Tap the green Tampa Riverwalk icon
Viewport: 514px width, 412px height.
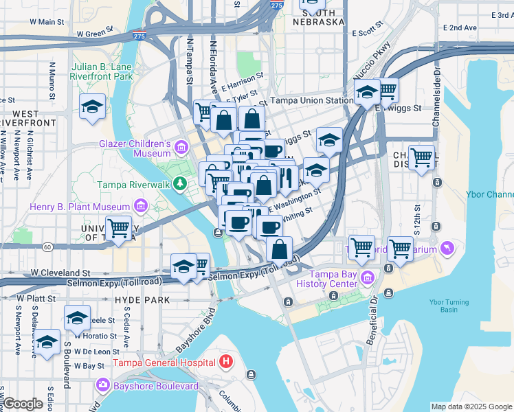(x=179, y=184)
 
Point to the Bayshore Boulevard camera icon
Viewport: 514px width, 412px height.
(x=104, y=385)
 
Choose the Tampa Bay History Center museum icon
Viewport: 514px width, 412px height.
(x=368, y=278)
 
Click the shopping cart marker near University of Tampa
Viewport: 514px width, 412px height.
(x=118, y=228)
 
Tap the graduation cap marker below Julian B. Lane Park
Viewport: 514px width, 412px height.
(x=91, y=107)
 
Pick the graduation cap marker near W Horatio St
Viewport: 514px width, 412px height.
(x=77, y=318)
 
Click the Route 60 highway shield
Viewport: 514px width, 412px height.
(x=47, y=246)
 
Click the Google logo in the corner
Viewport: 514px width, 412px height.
(x=23, y=404)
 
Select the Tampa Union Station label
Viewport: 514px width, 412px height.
(x=311, y=100)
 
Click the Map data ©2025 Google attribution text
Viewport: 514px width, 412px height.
(x=471, y=407)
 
